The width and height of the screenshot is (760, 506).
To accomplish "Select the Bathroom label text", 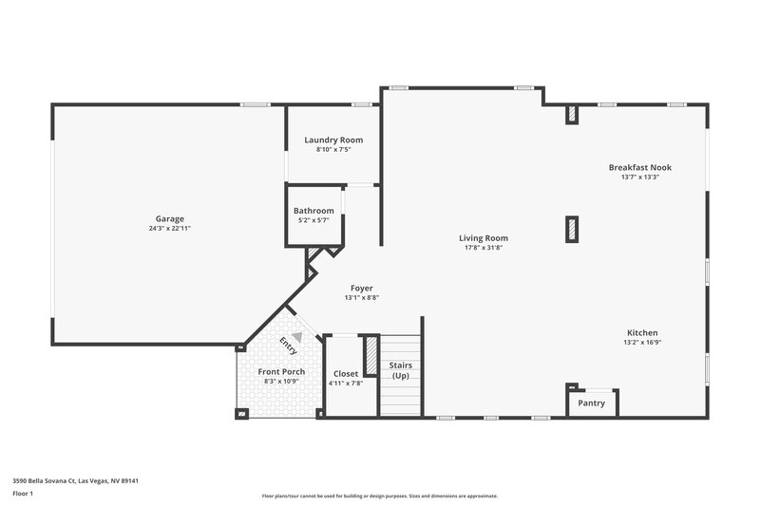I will (x=313, y=211).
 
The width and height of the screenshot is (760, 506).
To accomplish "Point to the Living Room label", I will (x=484, y=238).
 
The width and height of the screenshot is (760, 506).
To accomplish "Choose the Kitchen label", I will (x=642, y=333).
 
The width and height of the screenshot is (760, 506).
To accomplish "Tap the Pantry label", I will (x=592, y=403).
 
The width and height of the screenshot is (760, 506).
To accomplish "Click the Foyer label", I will (x=361, y=288).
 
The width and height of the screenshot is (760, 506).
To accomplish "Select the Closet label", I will (x=346, y=374).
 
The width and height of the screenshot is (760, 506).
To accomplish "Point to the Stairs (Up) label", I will (x=400, y=370).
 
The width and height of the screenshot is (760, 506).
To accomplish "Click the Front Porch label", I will (x=281, y=371).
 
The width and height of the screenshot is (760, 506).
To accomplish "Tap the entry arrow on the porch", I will (x=297, y=336).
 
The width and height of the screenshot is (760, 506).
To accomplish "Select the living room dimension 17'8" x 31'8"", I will (x=484, y=248).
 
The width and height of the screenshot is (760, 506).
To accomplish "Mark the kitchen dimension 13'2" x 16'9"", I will (x=642, y=343).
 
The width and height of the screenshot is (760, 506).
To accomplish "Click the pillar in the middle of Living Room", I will (x=571, y=228).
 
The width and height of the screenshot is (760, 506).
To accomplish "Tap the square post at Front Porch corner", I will (x=241, y=413).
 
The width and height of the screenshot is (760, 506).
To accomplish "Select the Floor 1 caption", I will (x=22, y=494).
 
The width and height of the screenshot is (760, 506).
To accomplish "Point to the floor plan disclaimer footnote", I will (x=380, y=496).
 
